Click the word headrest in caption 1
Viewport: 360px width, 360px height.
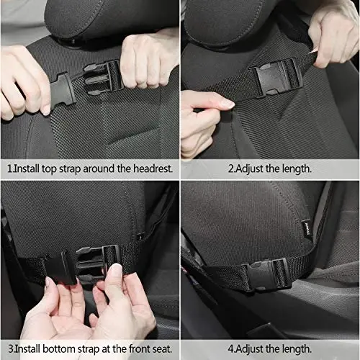[x=152, y=168]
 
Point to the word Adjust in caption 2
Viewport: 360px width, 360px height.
[x=249, y=168]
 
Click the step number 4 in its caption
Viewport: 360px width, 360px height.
[x=231, y=348]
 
